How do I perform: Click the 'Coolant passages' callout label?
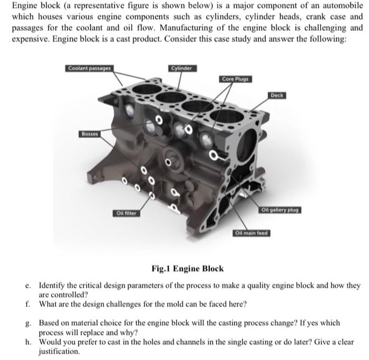pyautogui.click(x=89, y=69)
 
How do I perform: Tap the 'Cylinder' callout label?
pyautogui.click(x=182, y=69)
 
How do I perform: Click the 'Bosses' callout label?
pyautogui.click(x=90, y=134)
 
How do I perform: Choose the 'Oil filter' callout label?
pyautogui.click(x=127, y=212)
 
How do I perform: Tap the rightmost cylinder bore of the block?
pyautogui.click(x=226, y=117)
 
